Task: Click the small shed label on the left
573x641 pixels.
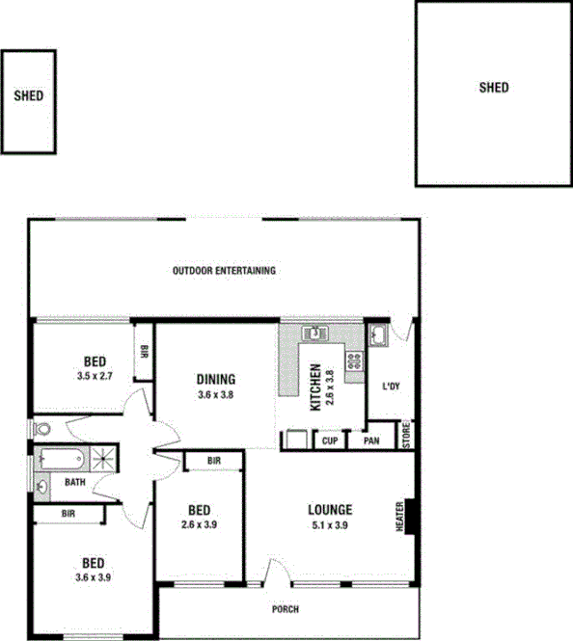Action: [x=29, y=96]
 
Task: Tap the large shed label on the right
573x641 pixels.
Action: [x=494, y=88]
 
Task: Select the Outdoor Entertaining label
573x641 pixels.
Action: [x=224, y=271]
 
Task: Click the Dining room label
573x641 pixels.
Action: [x=216, y=379]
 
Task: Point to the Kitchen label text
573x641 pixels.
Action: [x=314, y=387]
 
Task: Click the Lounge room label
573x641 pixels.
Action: [x=330, y=510]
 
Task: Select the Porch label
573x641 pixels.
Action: [x=286, y=609]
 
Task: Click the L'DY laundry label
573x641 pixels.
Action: [x=392, y=387]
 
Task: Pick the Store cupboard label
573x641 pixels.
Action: [x=406, y=437]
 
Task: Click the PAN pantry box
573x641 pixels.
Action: [x=371, y=441]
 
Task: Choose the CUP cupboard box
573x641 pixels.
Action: [x=330, y=441]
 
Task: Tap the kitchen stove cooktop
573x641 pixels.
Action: [x=355, y=361]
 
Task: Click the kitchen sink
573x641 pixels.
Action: [x=315, y=334]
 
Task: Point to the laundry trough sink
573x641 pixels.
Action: [x=379, y=334]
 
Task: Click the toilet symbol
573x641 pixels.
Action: [x=41, y=428]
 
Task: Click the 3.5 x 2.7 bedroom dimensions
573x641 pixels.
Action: [x=95, y=377]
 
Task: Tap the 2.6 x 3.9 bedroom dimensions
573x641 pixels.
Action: [x=200, y=525]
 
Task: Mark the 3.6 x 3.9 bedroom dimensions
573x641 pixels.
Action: [x=94, y=577]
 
